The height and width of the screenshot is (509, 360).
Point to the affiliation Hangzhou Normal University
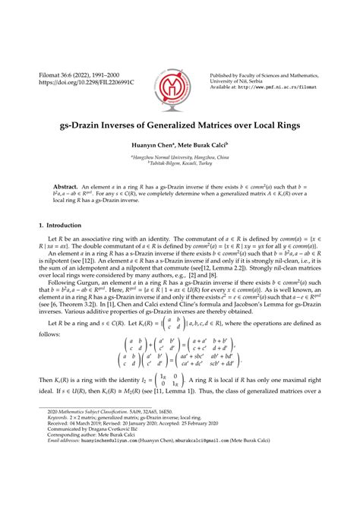click(180, 156)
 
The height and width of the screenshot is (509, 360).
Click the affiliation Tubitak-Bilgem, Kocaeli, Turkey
click(180, 163)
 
